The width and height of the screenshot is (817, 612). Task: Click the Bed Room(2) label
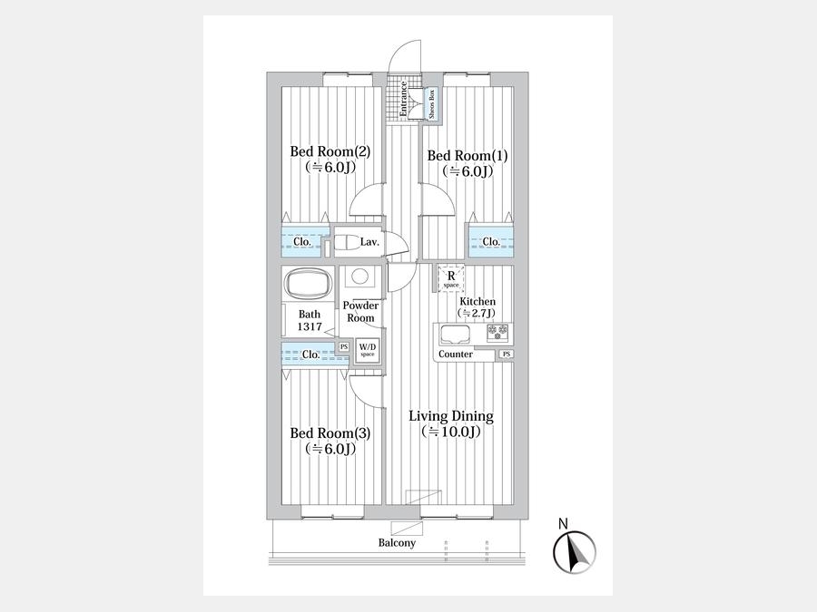(x=330, y=151)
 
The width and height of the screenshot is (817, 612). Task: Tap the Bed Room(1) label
(x=468, y=156)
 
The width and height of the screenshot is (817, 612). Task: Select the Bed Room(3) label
(x=330, y=433)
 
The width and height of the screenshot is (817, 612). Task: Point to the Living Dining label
(x=450, y=416)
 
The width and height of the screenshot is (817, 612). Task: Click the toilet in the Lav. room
(x=345, y=242)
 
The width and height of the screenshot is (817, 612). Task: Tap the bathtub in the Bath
(x=309, y=284)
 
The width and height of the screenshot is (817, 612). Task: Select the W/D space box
(x=368, y=349)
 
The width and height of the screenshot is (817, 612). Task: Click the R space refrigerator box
(x=451, y=278)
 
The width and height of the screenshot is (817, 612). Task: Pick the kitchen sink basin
(x=456, y=334)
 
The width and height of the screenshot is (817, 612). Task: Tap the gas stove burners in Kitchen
(x=497, y=332)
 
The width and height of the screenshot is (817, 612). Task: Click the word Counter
(x=456, y=355)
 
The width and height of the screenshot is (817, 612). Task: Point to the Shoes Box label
(x=431, y=103)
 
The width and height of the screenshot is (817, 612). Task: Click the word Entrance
(x=403, y=98)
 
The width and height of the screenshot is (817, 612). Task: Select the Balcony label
(x=397, y=543)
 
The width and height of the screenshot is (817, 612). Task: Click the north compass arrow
(x=576, y=554)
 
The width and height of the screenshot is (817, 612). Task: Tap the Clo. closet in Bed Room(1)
(x=491, y=241)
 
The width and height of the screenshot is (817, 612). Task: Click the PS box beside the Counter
(x=506, y=355)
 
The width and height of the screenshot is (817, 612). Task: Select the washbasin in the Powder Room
(x=359, y=276)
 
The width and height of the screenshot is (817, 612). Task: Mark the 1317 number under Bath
(x=310, y=326)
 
